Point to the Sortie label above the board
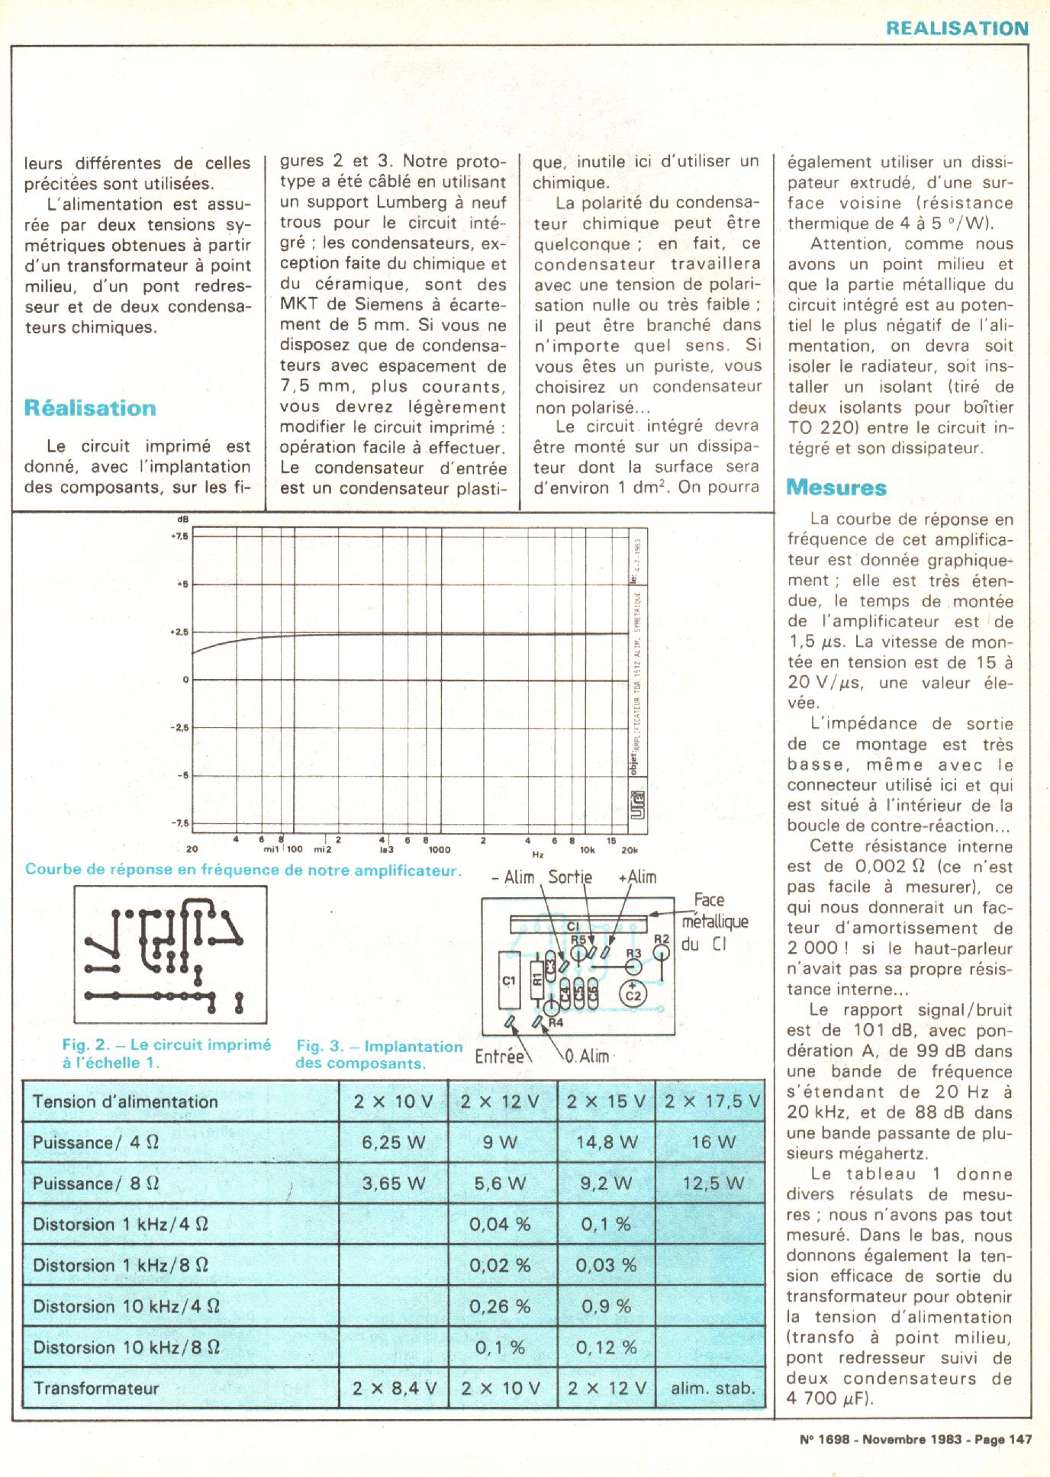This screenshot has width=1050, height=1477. tap(570, 877)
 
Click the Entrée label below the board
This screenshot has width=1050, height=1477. tap(499, 1057)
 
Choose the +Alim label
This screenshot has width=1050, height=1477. tap(637, 877)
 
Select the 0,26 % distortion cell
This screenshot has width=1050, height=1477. tap(500, 1306)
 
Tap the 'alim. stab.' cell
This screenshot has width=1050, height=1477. tap(712, 1388)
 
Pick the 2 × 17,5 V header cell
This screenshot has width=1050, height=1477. tap(712, 1102)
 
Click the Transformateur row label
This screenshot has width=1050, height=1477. tap(96, 1388)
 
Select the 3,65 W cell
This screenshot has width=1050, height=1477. tap(394, 1183)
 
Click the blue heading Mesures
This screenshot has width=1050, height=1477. tap(836, 487)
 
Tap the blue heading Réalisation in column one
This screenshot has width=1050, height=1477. tap(90, 407)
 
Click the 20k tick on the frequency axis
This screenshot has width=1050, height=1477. tap(629, 849)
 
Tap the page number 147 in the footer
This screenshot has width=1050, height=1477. tap(1019, 1440)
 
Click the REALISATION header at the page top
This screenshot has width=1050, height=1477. tap(957, 28)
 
